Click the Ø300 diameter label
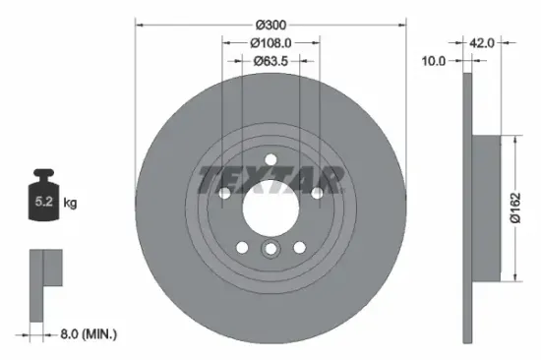(270, 23)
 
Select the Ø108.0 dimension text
(270, 43)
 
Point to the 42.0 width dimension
(481, 43)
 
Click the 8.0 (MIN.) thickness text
(86, 335)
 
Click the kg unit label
(70, 204)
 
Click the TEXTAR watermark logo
(271, 179)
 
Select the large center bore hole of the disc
(270, 206)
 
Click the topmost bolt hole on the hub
(270, 160)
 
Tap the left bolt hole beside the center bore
(225, 194)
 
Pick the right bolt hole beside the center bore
(316, 194)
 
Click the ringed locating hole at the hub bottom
(270, 251)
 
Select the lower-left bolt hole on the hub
(243, 246)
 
